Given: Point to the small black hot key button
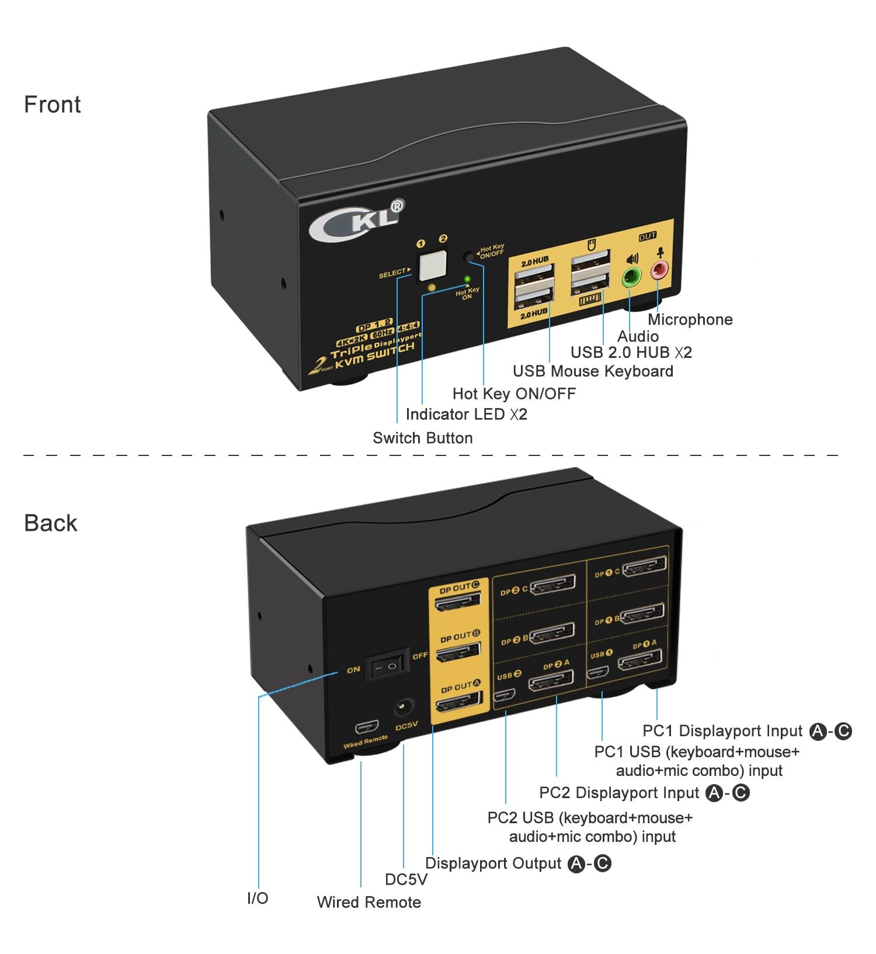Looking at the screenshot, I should click(x=469, y=256).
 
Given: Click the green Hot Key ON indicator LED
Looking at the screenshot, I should click(x=467, y=279).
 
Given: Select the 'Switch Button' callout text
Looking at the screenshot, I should click(x=422, y=438).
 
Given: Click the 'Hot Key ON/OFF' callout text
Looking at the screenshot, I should click(x=514, y=394).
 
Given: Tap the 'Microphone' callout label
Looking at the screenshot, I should click(x=690, y=319).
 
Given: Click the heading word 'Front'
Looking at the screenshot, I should click(x=52, y=105).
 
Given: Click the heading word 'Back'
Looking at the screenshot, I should click(x=50, y=523).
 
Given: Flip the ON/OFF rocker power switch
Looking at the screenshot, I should click(x=386, y=666).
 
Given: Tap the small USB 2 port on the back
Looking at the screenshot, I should click(x=504, y=696).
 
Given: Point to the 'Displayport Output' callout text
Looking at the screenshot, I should click(x=493, y=864).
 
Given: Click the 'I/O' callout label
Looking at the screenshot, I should click(x=258, y=898).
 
